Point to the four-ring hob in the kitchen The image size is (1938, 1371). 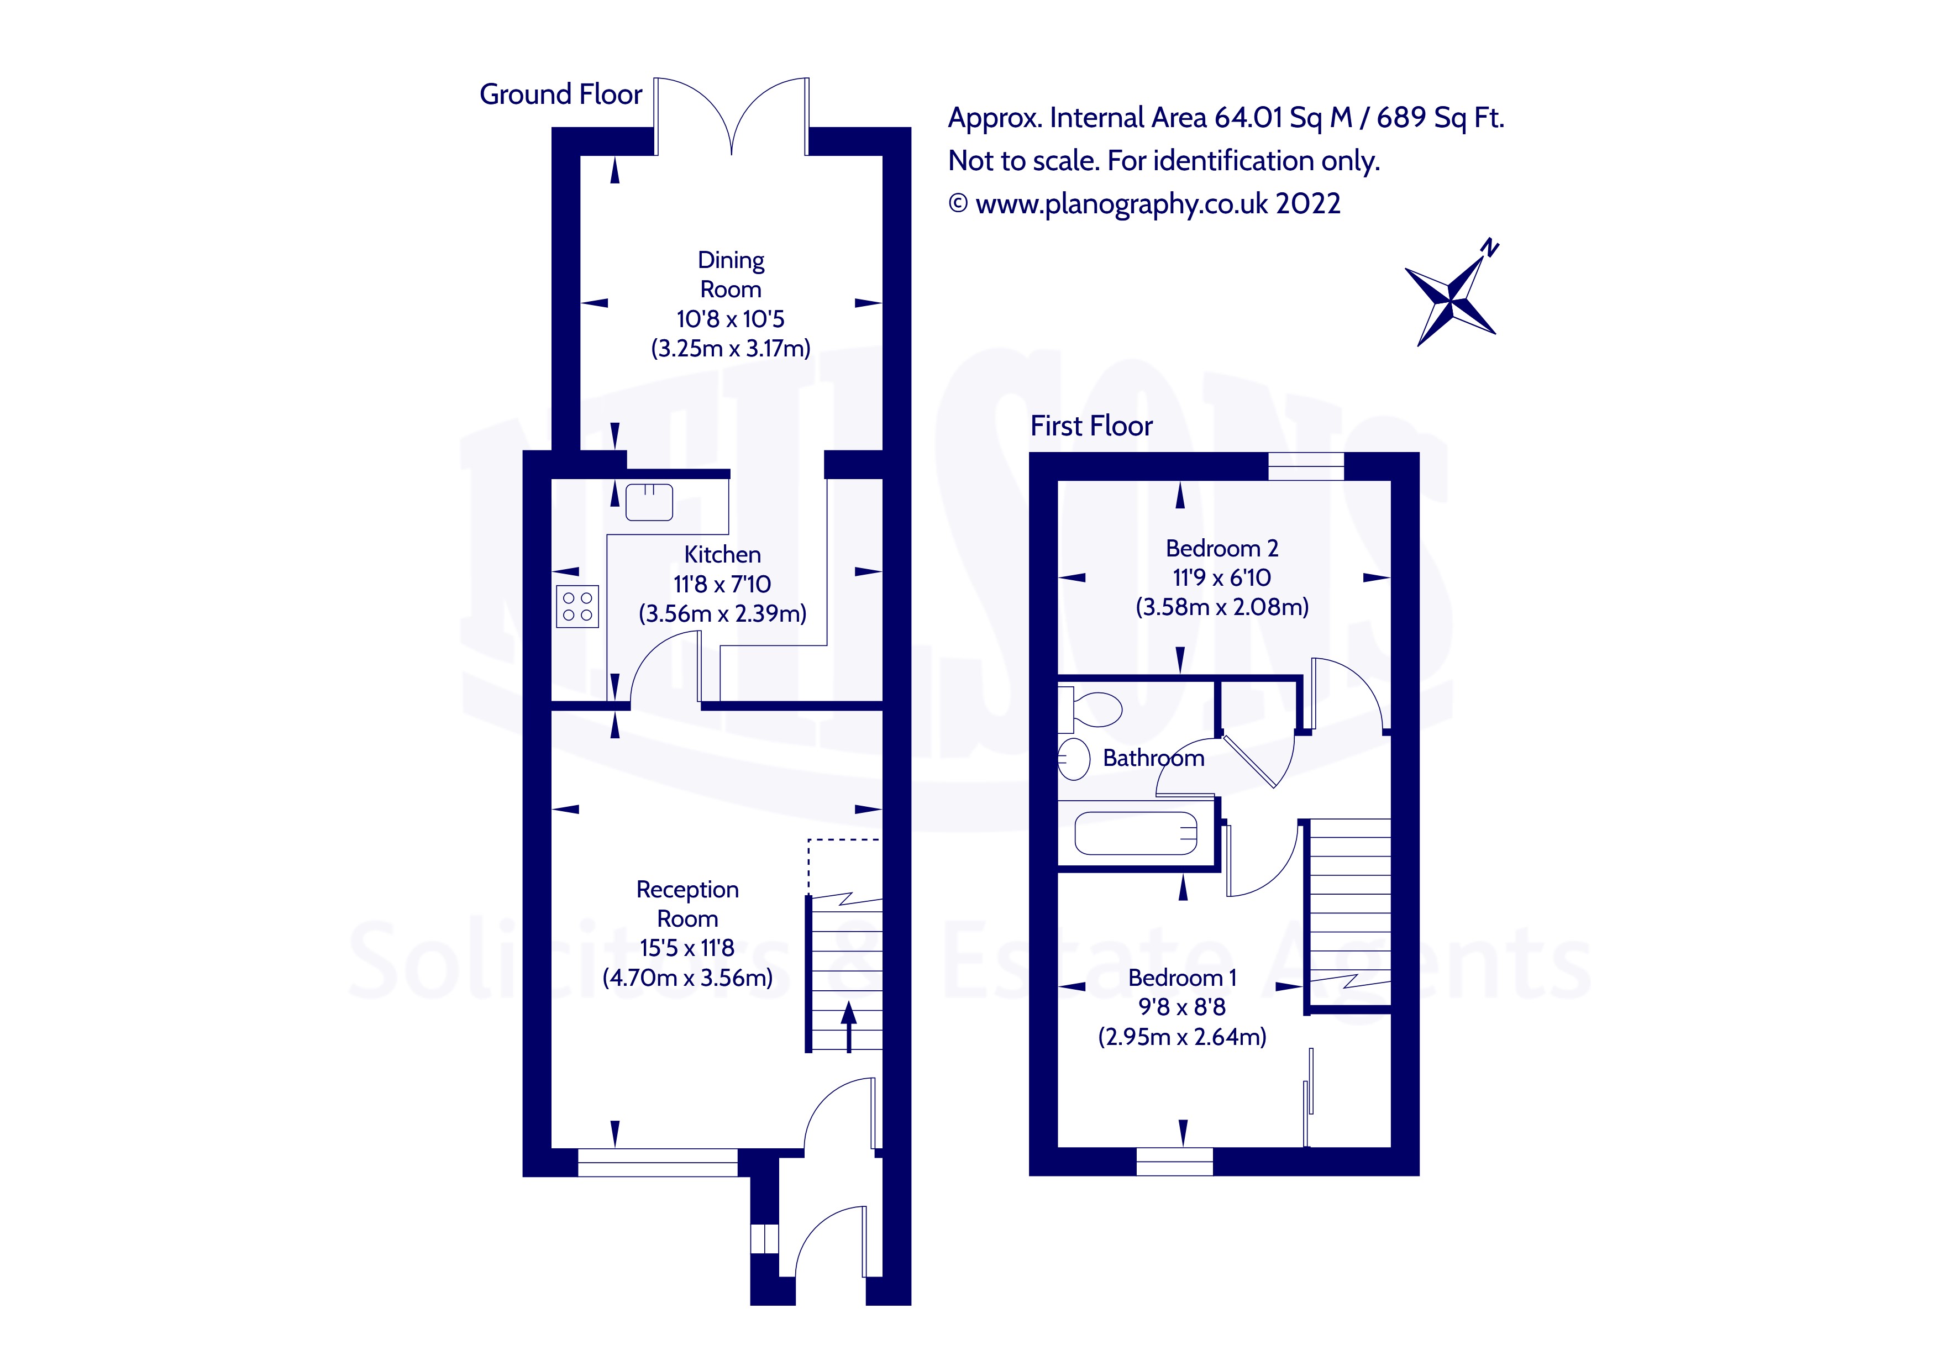click(x=577, y=606)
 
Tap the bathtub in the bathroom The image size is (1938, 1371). click(x=1135, y=833)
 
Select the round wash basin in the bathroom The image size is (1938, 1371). click(x=1074, y=758)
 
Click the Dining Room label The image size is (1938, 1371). click(x=731, y=275)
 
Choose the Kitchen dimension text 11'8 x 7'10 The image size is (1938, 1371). click(x=722, y=584)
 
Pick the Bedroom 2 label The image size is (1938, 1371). click(x=1221, y=549)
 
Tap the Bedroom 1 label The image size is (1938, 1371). click(x=1181, y=978)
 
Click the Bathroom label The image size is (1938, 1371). click(x=1153, y=758)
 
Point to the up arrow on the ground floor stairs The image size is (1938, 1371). click(x=848, y=1026)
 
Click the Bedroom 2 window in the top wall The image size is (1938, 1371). click(x=1306, y=466)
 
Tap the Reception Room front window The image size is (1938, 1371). click(x=658, y=1163)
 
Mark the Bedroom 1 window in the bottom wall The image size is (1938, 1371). click(x=1174, y=1162)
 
